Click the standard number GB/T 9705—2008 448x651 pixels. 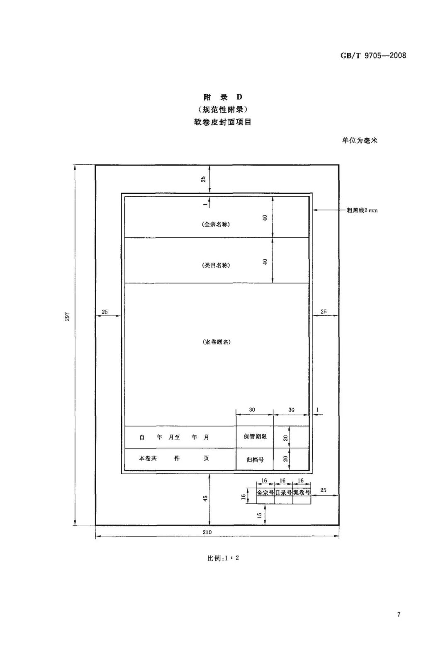373,56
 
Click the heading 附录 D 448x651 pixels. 222,97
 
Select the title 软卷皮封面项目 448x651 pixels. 222,122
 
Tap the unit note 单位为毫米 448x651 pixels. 359,141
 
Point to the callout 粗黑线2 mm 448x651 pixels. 362,210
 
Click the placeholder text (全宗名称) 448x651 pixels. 216,224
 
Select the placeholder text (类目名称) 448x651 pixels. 216,265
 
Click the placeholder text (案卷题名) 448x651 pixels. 217,342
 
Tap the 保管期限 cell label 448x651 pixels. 255,436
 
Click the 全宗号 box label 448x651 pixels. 265,493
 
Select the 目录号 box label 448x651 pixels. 283,493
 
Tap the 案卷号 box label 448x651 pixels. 302,493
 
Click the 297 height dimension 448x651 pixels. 67,317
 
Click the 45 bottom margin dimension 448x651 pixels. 205,498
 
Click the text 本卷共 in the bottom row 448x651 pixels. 148,458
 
